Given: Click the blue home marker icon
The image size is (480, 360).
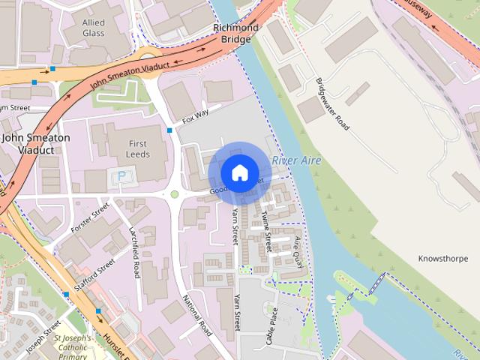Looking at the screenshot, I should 239,173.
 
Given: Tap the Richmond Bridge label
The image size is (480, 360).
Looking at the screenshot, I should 235,33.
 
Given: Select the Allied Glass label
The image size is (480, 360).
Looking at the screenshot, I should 94,28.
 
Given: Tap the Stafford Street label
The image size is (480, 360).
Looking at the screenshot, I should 94,276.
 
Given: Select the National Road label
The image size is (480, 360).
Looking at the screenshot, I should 196,314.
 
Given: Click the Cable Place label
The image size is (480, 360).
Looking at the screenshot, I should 271,325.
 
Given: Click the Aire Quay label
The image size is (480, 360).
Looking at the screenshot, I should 298,247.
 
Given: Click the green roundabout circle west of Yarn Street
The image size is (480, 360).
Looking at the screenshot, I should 175,194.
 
